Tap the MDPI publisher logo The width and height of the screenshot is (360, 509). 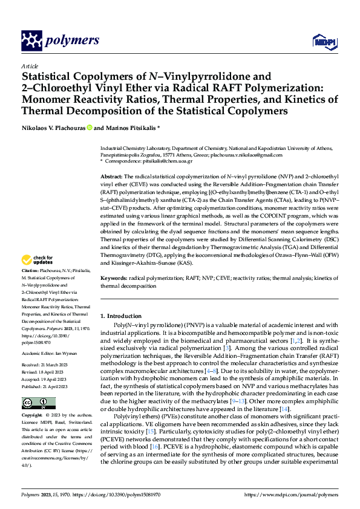(x=322, y=41)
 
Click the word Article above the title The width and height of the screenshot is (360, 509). (x=29, y=66)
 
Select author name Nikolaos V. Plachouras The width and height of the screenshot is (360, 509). (x=53, y=128)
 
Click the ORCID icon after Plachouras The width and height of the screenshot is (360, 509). (x=89, y=128)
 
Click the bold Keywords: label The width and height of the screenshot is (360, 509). (x=114, y=278)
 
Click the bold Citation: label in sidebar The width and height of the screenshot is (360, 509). (x=30, y=270)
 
